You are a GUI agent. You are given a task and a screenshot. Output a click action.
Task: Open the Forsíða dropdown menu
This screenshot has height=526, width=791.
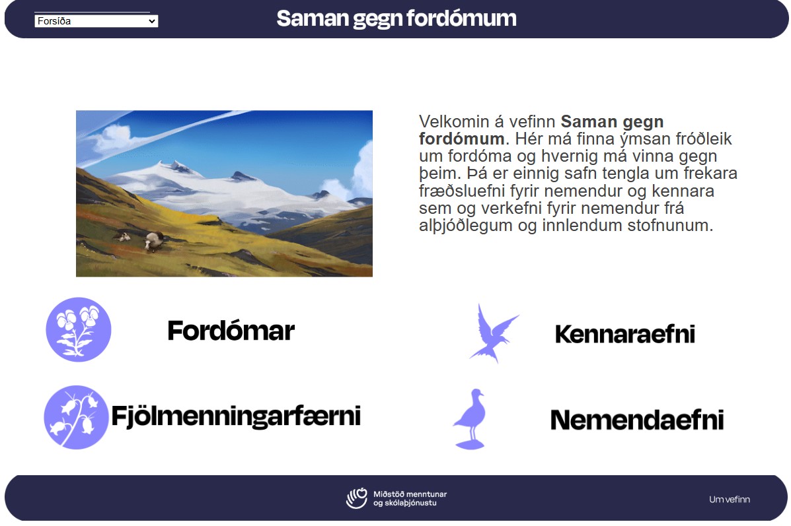click(96, 20)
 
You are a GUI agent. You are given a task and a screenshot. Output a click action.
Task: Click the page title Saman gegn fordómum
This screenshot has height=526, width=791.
click(396, 18)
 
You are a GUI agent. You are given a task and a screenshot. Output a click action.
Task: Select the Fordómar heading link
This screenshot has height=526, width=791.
click(231, 331)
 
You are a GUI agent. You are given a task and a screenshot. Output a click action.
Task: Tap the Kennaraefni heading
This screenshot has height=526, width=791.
click(625, 333)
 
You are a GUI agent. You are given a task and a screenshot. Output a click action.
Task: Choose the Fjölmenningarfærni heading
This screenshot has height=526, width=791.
click(236, 416)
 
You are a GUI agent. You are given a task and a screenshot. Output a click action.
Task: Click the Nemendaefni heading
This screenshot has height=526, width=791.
click(637, 420)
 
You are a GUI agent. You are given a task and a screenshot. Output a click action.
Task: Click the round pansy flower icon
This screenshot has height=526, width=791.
click(79, 329)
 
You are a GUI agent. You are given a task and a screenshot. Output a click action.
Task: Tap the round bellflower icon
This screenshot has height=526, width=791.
click(76, 417)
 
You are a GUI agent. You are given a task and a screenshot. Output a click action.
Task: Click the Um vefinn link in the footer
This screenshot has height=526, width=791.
click(730, 500)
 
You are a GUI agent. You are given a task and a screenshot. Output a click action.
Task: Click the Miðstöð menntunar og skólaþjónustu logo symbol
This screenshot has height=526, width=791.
click(357, 498)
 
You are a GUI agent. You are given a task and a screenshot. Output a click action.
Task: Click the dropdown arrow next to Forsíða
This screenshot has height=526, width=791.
click(152, 21)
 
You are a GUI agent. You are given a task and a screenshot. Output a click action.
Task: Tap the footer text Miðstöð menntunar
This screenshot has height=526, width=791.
click(410, 494)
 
